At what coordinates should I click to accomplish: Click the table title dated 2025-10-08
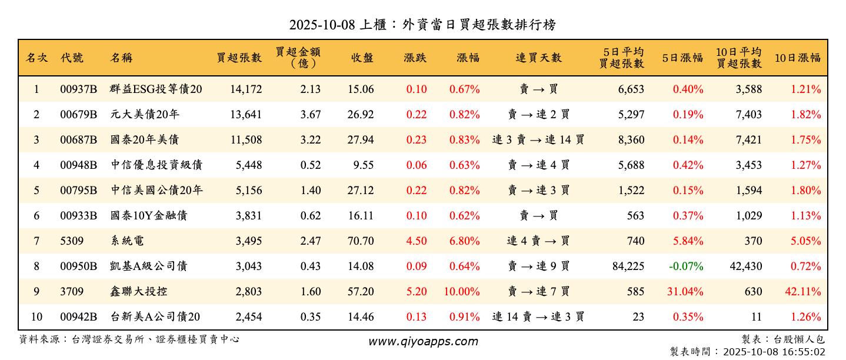coord(422,25)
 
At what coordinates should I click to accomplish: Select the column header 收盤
coord(362,58)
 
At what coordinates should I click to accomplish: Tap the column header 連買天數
coord(538,58)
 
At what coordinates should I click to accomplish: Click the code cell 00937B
coord(78,89)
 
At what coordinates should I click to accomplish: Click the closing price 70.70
coord(361,241)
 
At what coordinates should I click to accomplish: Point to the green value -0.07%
coord(686,266)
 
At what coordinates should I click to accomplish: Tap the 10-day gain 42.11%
coord(805,292)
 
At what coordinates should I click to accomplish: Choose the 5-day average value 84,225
coord(628,266)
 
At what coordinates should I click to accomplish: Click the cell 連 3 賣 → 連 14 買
coord(538,140)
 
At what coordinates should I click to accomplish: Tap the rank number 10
coord(36,317)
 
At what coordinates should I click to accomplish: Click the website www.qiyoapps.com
coord(423,342)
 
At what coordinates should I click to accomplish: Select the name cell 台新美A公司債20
coord(155,317)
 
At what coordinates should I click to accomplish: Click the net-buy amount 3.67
coord(311,115)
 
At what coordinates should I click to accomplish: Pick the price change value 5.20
coord(417,292)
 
